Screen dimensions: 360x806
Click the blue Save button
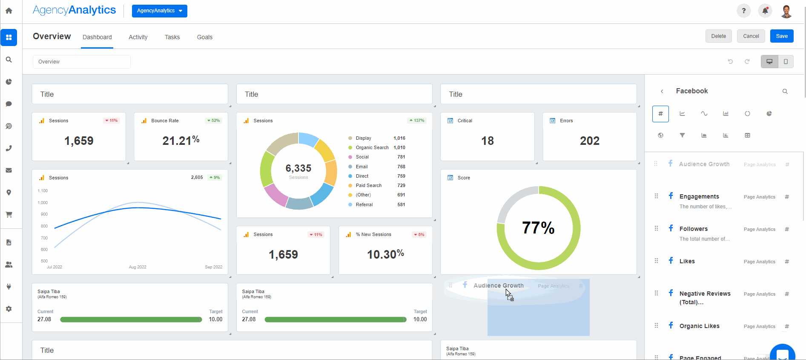[x=781, y=36]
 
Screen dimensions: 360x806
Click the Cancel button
[x=751, y=36]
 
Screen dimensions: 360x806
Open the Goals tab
[x=204, y=37]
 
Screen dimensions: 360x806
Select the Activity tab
[x=138, y=37]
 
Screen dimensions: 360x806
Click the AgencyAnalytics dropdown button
[x=159, y=11]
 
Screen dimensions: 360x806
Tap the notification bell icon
[x=765, y=11]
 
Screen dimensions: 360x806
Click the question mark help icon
[x=743, y=11]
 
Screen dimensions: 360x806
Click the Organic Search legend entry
[x=372, y=147]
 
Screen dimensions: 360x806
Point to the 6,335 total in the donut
[x=298, y=168]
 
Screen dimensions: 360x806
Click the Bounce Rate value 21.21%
[x=181, y=141]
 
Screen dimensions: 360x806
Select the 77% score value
[x=538, y=228]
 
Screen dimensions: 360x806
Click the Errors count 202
[x=589, y=141]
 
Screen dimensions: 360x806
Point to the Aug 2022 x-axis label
[x=138, y=267]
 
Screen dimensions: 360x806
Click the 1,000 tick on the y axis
[x=43, y=203]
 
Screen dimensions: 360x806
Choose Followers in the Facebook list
[x=693, y=229]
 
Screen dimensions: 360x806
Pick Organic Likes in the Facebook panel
[x=699, y=326]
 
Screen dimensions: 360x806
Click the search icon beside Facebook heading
[x=785, y=91]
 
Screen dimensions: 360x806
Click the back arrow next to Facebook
[x=662, y=91]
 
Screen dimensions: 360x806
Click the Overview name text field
[x=82, y=62]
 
